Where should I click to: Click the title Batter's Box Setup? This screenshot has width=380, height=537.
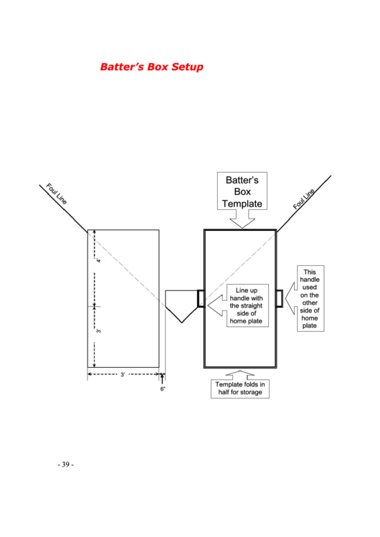tap(151, 67)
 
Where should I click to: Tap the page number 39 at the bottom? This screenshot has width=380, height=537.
tap(65, 465)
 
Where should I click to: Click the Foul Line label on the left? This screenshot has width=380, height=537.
tap(57, 194)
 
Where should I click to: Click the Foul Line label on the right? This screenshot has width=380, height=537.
tap(304, 199)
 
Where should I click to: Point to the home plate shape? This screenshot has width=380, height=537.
tap(179, 304)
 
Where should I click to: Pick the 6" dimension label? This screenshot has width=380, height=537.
tap(163, 389)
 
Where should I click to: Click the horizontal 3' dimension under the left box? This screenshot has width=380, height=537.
tap(123, 374)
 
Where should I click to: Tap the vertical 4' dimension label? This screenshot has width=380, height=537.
tap(98, 261)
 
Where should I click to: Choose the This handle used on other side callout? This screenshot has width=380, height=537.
tap(309, 299)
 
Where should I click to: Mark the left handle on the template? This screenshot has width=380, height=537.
tap(201, 298)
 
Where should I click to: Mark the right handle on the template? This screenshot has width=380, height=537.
tap(279, 298)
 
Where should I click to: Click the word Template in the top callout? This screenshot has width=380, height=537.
tap(242, 204)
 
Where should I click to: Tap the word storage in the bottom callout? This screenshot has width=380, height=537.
tap(254, 392)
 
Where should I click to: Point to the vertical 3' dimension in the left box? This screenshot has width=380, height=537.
tap(98, 331)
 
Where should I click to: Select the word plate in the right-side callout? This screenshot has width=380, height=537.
tap(310, 325)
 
